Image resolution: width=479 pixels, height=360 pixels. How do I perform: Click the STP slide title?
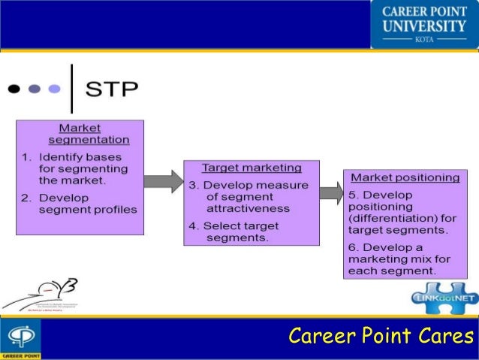pyautogui.click(x=112, y=89)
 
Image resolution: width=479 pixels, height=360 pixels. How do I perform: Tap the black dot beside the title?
pyautogui.click(x=15, y=89)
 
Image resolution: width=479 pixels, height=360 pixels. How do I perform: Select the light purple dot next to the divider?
pyautogui.click(x=54, y=89)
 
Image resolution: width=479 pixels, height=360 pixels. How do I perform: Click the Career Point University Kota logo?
pyautogui.click(x=424, y=24)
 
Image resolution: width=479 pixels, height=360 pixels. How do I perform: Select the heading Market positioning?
pyautogui.click(x=405, y=177)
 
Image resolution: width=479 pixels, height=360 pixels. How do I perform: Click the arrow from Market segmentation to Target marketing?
pyautogui.click(x=163, y=181)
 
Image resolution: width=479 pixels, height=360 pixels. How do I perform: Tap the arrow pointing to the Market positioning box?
pyautogui.click(x=330, y=192)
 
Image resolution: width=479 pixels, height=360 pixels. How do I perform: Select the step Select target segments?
pyautogui.click(x=242, y=231)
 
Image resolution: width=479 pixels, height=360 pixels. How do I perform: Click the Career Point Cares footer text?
pyautogui.click(x=382, y=335)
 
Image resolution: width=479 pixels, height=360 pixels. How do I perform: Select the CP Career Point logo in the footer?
pyautogui.click(x=20, y=339)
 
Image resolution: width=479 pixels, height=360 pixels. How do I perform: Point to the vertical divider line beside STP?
pyautogui.click(x=71, y=89)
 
